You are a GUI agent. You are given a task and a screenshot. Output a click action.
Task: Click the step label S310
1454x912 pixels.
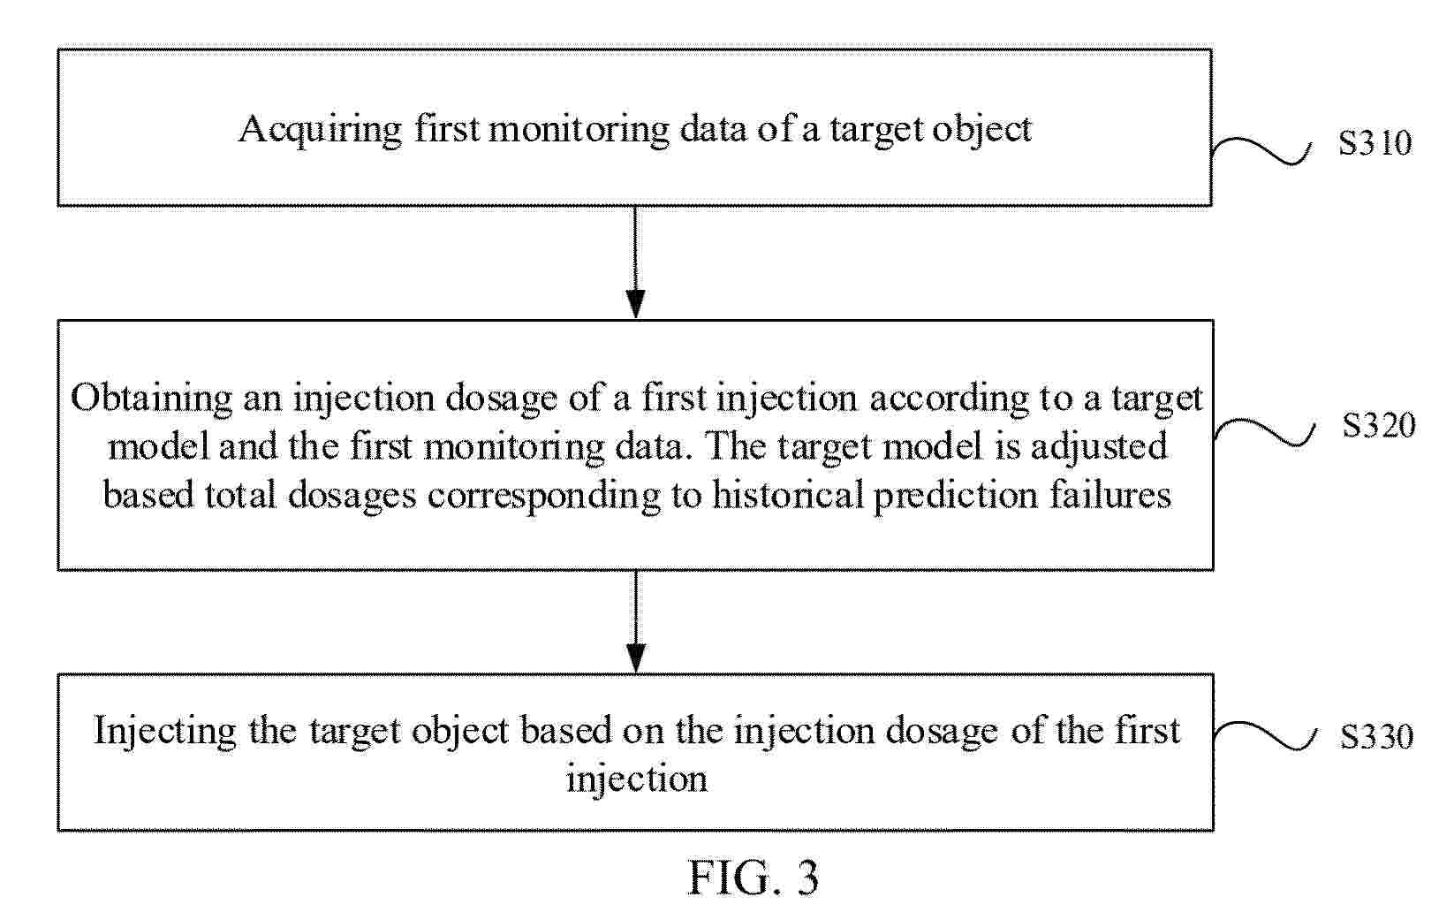(1374, 143)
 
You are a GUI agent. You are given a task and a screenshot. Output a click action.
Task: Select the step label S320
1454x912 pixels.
(1379, 425)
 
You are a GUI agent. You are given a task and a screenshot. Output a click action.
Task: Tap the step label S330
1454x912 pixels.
(1377, 737)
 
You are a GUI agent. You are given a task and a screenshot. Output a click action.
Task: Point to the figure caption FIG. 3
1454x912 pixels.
(754, 878)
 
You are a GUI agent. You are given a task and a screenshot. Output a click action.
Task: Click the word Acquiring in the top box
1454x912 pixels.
(321, 131)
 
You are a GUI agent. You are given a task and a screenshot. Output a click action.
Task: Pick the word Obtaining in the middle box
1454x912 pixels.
(151, 399)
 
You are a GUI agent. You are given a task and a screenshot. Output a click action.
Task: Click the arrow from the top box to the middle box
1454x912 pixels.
(635, 262)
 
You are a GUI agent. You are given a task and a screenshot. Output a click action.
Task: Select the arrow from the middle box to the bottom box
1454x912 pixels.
(636, 621)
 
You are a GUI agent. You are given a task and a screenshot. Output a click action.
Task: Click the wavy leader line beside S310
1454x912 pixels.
(1261, 151)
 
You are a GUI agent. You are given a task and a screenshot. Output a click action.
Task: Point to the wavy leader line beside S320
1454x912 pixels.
(1264, 433)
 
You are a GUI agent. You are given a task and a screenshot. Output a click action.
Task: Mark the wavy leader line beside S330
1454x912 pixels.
(1264, 736)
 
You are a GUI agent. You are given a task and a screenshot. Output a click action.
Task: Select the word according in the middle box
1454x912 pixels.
(949, 399)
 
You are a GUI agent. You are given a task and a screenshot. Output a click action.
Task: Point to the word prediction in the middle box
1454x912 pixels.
(956, 497)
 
